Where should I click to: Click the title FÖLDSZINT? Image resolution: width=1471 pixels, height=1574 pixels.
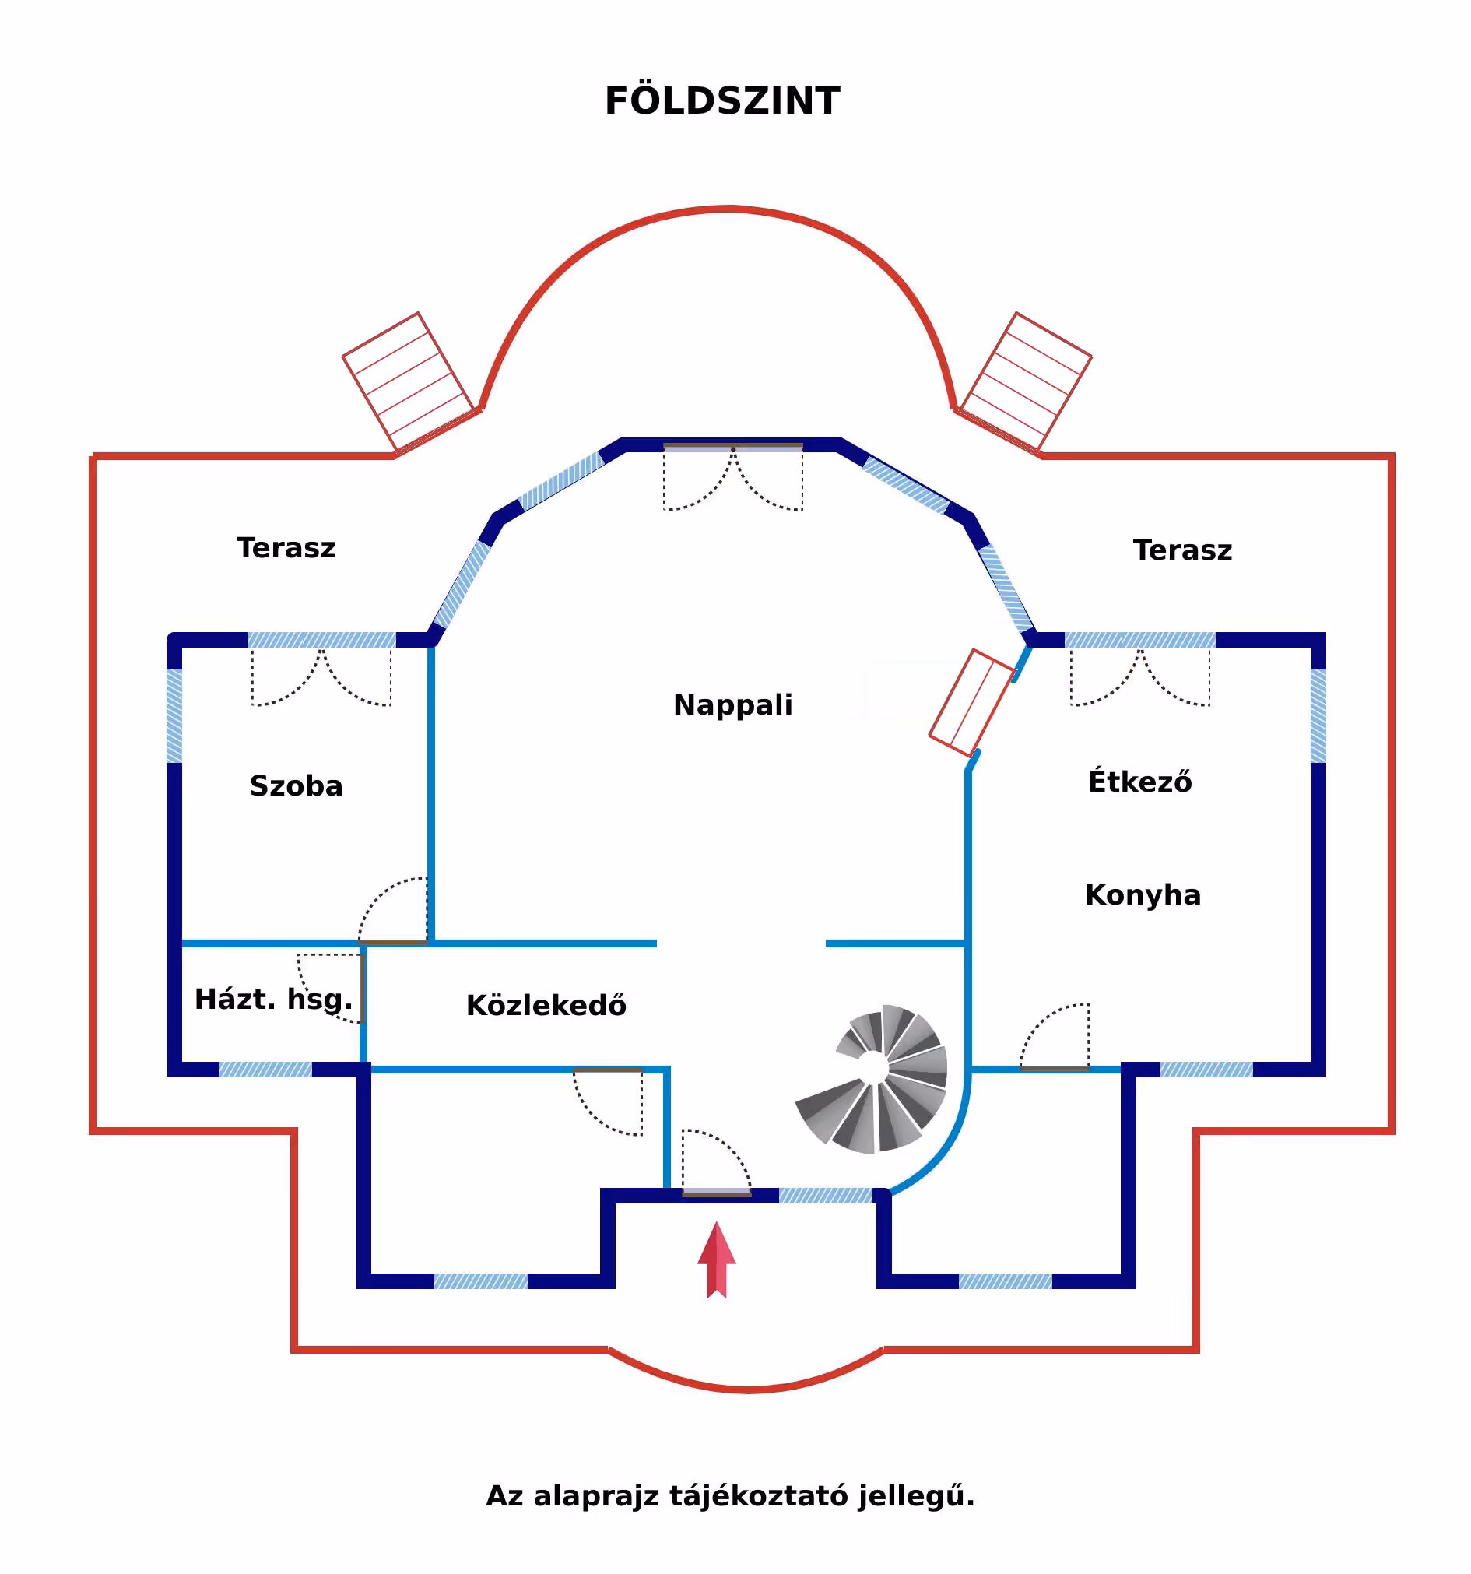(x=721, y=101)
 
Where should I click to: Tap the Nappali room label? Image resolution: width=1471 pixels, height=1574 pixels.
(x=732, y=704)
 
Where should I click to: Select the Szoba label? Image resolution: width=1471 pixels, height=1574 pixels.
(x=296, y=785)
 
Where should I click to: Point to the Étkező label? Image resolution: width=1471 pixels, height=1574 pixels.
(x=1139, y=782)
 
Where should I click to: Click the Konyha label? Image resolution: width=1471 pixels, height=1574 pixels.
(x=1143, y=894)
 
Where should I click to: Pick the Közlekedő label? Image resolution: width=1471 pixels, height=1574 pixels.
(x=546, y=1005)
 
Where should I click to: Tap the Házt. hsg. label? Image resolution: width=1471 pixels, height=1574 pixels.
(x=273, y=1000)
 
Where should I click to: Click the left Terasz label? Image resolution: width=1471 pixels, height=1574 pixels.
(x=286, y=548)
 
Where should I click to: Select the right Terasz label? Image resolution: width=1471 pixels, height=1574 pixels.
(x=1182, y=550)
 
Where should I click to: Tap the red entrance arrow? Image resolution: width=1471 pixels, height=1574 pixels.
(x=717, y=1259)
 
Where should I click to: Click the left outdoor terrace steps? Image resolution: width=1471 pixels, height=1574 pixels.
(x=409, y=382)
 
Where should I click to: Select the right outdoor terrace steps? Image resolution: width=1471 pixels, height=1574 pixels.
(x=1025, y=382)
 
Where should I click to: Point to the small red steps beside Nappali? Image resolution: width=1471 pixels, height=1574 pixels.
(x=971, y=703)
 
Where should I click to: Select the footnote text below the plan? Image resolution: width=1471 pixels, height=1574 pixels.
(x=730, y=1495)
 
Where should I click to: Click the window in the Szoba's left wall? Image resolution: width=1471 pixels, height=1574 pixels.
(x=174, y=715)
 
